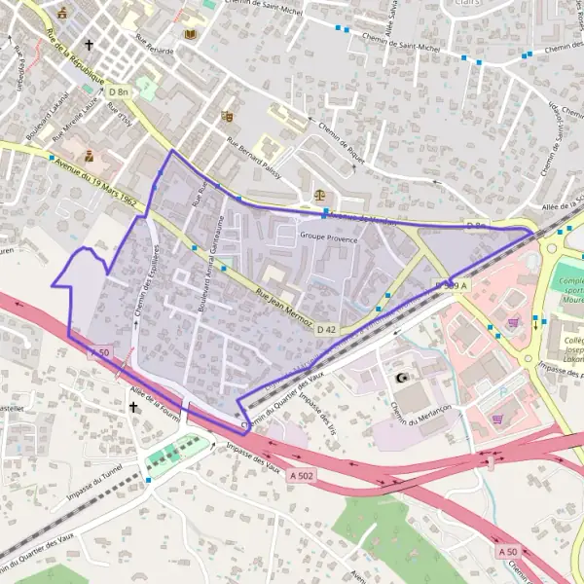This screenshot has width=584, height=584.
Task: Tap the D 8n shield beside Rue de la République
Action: pyautogui.click(x=120, y=91)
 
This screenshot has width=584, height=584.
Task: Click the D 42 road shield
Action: pyautogui.click(x=326, y=330)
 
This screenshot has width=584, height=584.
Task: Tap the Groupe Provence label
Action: pyautogui.click(x=328, y=237)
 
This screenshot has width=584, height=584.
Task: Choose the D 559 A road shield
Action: pyautogui.click(x=452, y=284)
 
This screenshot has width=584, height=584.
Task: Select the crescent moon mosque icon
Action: pyautogui.click(x=398, y=377)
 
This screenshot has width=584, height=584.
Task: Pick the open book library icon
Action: pyautogui.click(x=190, y=35)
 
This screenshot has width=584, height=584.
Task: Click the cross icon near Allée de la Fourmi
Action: pyautogui.click(x=133, y=408)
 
